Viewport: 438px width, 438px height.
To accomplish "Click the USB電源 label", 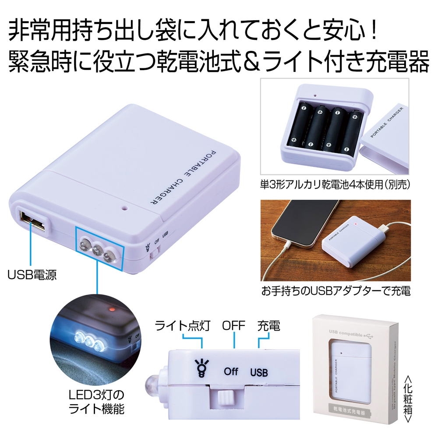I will point(32,275).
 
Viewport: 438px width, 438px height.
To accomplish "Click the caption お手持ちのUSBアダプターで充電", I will point(336,291).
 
